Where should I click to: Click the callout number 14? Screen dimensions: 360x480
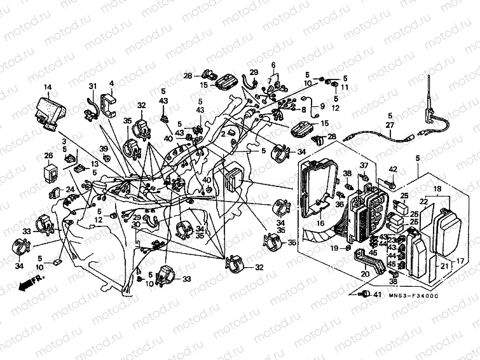pyautogui.click(x=47, y=87)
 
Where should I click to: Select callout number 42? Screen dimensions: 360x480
pyautogui.click(x=393, y=169)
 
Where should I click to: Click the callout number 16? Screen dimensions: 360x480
pyautogui.click(x=320, y=223)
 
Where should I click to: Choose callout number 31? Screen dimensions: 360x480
pyautogui.click(x=92, y=87)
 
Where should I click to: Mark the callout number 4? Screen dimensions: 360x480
pyautogui.click(x=111, y=83)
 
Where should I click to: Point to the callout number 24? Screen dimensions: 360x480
pyautogui.click(x=71, y=189)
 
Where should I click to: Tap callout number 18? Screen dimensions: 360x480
pyautogui.click(x=437, y=190)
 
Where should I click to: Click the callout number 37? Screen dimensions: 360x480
pyautogui.click(x=365, y=166)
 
